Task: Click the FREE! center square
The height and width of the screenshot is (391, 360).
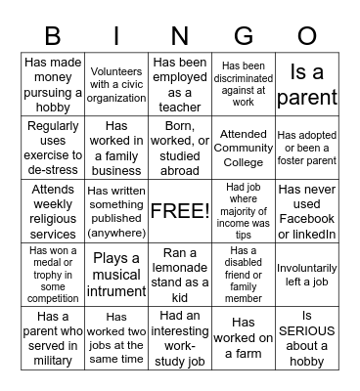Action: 180,210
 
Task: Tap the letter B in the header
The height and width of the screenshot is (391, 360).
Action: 53,36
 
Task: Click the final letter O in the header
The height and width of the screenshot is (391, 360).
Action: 306,36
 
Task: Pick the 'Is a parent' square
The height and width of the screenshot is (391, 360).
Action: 307,84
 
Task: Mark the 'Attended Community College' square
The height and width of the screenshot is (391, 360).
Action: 244,147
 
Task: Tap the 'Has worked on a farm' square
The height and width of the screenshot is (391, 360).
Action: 244,335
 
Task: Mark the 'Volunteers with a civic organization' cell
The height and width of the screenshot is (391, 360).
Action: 116,84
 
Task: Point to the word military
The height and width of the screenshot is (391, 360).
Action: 53,361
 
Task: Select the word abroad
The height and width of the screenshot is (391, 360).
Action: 180,169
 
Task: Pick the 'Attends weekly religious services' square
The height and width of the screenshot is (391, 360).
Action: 53,210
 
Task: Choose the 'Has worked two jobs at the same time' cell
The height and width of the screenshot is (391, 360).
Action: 116,335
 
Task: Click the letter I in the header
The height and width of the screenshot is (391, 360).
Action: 115,36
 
